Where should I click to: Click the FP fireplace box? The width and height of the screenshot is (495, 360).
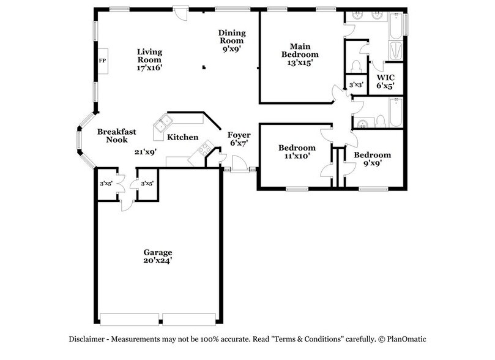(102, 61)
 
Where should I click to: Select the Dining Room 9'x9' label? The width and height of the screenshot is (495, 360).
(231, 41)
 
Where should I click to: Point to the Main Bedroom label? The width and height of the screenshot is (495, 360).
(300, 54)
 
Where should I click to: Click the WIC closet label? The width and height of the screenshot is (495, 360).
(385, 82)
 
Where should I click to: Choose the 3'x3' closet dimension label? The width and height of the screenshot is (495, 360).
(355, 84)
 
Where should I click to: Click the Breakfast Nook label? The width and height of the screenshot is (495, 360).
(116, 135)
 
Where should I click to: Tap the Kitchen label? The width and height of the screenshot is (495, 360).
(182, 137)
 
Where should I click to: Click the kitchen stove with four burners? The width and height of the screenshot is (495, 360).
(203, 149)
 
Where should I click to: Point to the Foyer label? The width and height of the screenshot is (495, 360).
(239, 138)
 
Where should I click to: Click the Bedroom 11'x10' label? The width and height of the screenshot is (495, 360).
(297, 151)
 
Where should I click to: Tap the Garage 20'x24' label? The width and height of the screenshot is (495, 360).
(158, 256)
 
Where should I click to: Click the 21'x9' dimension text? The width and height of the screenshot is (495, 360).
(146, 152)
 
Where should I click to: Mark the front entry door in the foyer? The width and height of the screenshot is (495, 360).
(240, 165)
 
